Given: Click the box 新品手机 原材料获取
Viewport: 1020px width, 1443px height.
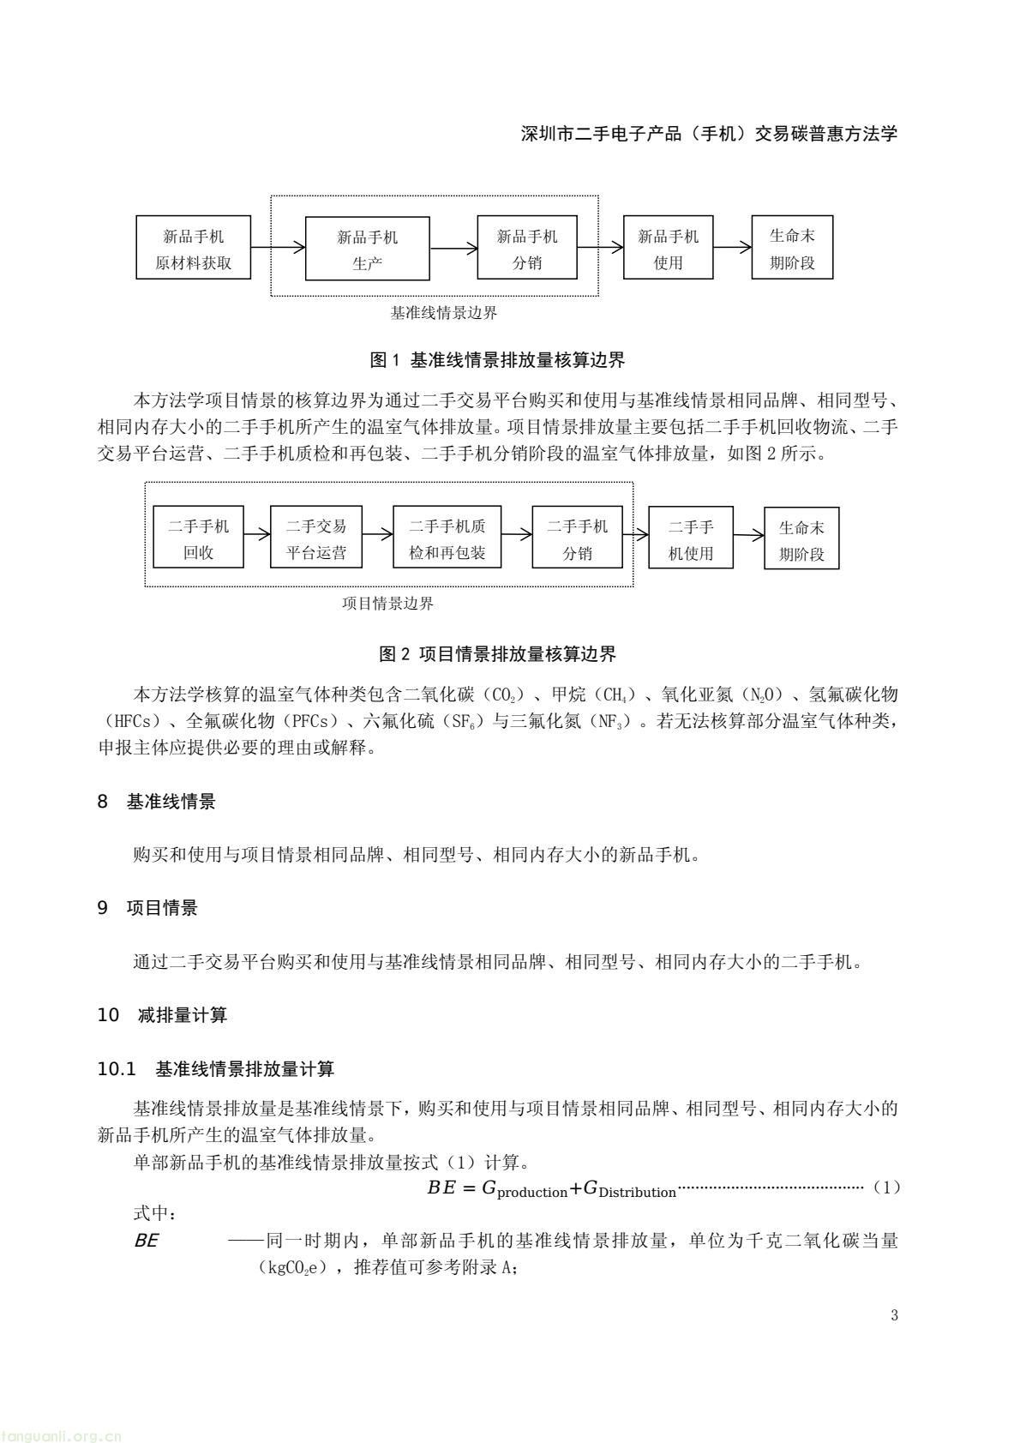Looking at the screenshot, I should pos(194,248).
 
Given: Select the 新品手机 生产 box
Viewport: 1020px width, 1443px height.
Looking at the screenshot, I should pos(367,249).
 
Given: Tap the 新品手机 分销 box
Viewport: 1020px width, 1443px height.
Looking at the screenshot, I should pos(527,248).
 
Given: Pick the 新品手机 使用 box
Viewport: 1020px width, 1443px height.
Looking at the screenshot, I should pos(668,248).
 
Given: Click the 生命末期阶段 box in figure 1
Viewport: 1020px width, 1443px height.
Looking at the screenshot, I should pos(791,248).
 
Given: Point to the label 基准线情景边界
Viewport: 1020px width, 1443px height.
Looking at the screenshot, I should pos(443,313).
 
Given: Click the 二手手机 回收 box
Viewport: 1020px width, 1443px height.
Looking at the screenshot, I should pos(198,538).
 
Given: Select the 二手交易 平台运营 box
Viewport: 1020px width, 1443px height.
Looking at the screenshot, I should pos(316,538).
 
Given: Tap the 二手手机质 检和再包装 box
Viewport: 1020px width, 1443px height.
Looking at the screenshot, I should pos(447,538).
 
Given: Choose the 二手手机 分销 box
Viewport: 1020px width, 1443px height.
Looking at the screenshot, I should pos(577,538).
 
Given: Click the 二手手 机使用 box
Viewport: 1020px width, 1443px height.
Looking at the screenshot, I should pos(691,538).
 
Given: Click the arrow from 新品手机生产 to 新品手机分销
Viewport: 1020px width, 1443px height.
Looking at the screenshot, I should pos(453,249).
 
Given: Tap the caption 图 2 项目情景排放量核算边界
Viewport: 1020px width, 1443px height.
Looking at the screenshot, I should pos(497,654).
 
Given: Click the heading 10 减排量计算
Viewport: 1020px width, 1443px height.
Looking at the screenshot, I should pos(162,1015).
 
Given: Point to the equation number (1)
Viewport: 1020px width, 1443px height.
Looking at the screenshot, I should pos(885,1187).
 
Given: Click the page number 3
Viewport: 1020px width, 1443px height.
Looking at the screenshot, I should pos(894,1315).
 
